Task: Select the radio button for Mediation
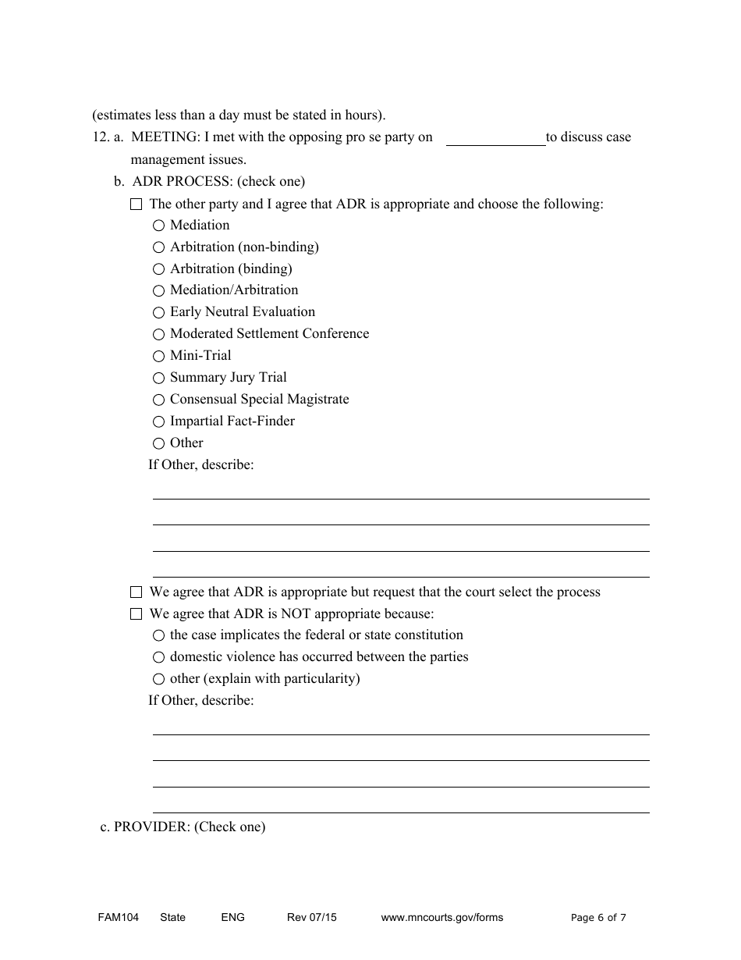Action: pos(158,226)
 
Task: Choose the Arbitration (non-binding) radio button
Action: pos(158,247)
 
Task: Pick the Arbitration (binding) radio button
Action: pos(158,269)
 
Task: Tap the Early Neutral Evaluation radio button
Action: pos(158,312)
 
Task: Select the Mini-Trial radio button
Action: pos(158,356)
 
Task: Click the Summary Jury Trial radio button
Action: pos(158,378)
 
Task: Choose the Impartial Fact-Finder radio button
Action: pos(158,421)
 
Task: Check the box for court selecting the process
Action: pos(136,592)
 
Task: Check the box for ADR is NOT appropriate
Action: pos(136,614)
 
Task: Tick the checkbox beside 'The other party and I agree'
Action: pos(136,204)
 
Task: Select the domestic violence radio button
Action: pos(158,657)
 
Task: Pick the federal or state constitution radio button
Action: pos(158,635)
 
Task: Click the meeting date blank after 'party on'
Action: pos(495,138)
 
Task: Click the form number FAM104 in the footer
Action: pos(112,917)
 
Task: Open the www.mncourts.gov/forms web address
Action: pos(441,917)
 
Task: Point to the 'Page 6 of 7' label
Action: pos(598,917)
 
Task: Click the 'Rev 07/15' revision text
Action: pos(311,917)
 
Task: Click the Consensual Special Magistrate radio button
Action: pos(158,400)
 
